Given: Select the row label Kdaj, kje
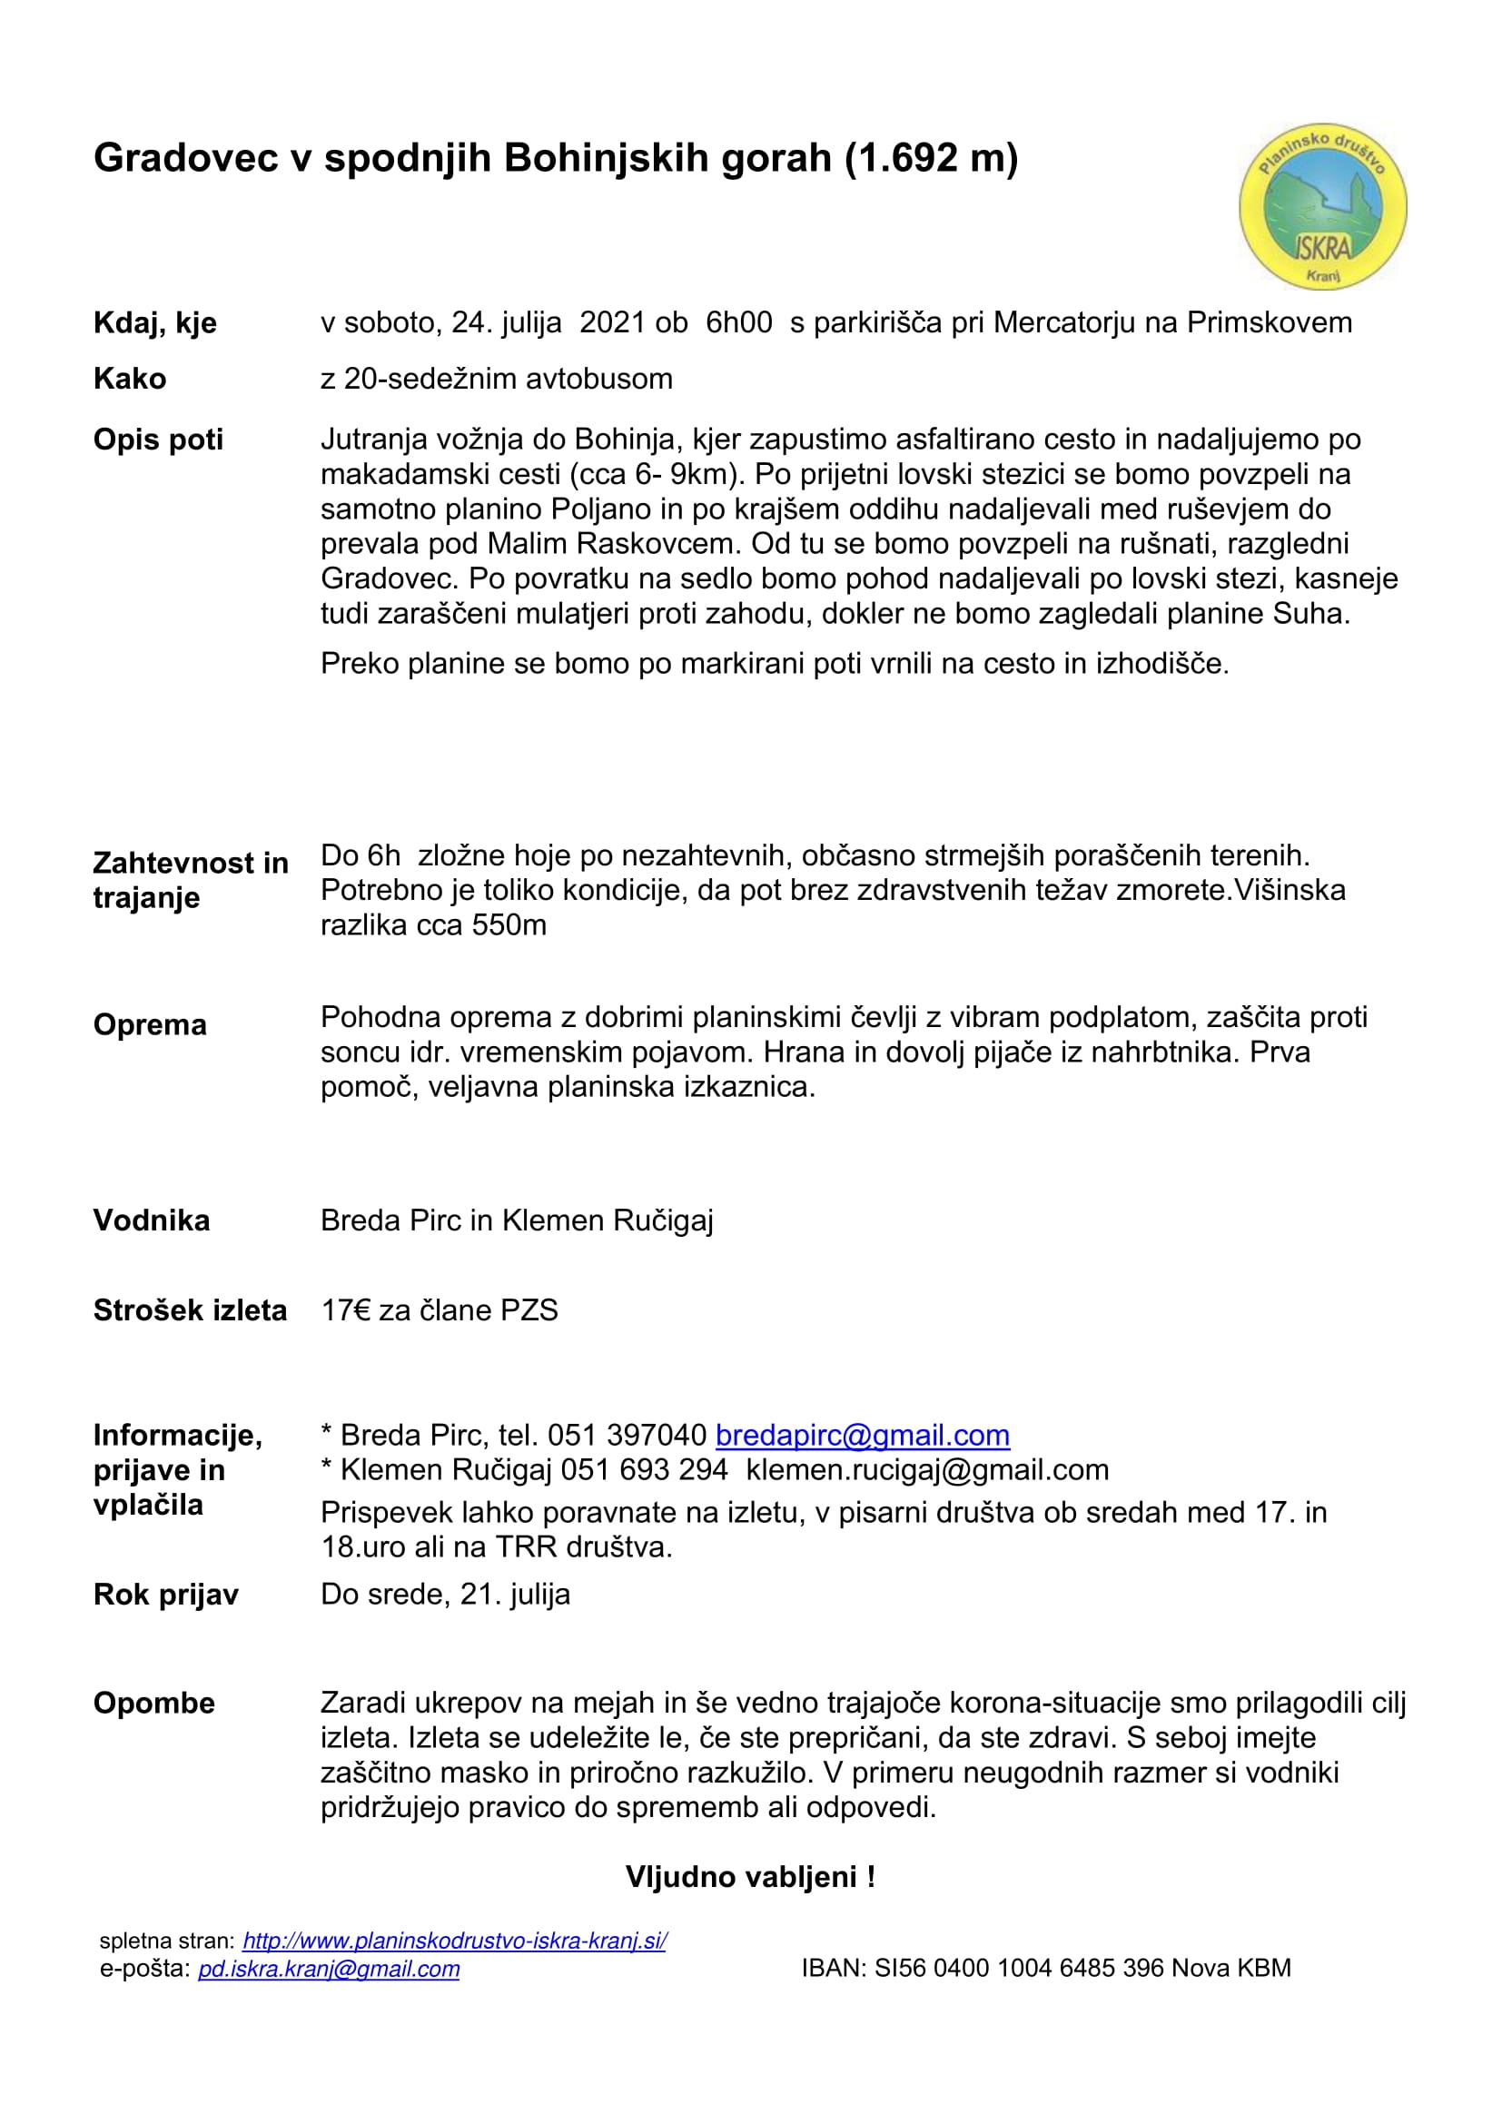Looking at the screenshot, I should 154,323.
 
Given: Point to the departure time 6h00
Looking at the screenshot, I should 738,322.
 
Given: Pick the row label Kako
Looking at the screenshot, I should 130,379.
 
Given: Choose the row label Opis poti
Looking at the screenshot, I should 158,440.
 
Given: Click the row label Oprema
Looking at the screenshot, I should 150,1024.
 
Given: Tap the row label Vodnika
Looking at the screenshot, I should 152,1220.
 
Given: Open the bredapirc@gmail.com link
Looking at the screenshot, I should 862,1435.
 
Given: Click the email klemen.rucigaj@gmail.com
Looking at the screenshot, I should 927,1470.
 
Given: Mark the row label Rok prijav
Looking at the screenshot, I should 165,1595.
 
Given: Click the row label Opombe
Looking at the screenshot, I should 153,1703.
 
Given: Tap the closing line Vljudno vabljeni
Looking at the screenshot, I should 749,1877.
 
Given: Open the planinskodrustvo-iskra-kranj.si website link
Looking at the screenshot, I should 454,1941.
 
